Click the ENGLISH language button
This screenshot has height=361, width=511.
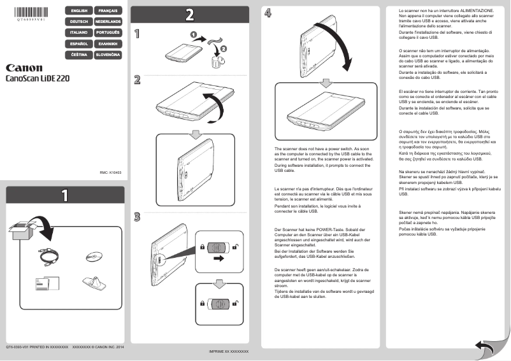(79, 11)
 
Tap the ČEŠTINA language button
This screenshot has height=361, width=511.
(79, 55)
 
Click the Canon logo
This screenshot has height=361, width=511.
(24, 67)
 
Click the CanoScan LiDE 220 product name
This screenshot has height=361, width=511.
(38, 79)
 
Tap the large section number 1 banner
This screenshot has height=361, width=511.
(64, 195)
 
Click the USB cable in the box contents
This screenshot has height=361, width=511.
(48, 256)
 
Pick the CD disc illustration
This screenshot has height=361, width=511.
(94, 256)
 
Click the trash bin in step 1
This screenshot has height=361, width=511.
(219, 62)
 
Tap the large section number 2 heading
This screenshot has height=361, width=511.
(190, 14)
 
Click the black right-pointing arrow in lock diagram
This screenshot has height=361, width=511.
(219, 259)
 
